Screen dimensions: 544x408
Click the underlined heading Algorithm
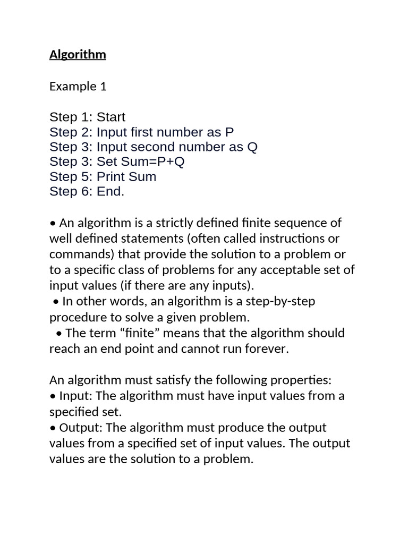pyautogui.click(x=78, y=55)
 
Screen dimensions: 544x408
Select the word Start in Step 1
pyautogui.click(x=111, y=117)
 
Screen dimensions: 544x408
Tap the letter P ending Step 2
pyautogui.click(x=229, y=132)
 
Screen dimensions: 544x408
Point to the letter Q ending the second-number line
pyautogui.click(x=252, y=147)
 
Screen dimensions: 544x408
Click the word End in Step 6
pyautogui.click(x=109, y=191)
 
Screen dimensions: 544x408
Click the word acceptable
pyautogui.click(x=279, y=269)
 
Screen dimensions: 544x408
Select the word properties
pyautogui.click(x=301, y=380)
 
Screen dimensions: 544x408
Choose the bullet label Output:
pyautogui.click(x=78, y=428)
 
